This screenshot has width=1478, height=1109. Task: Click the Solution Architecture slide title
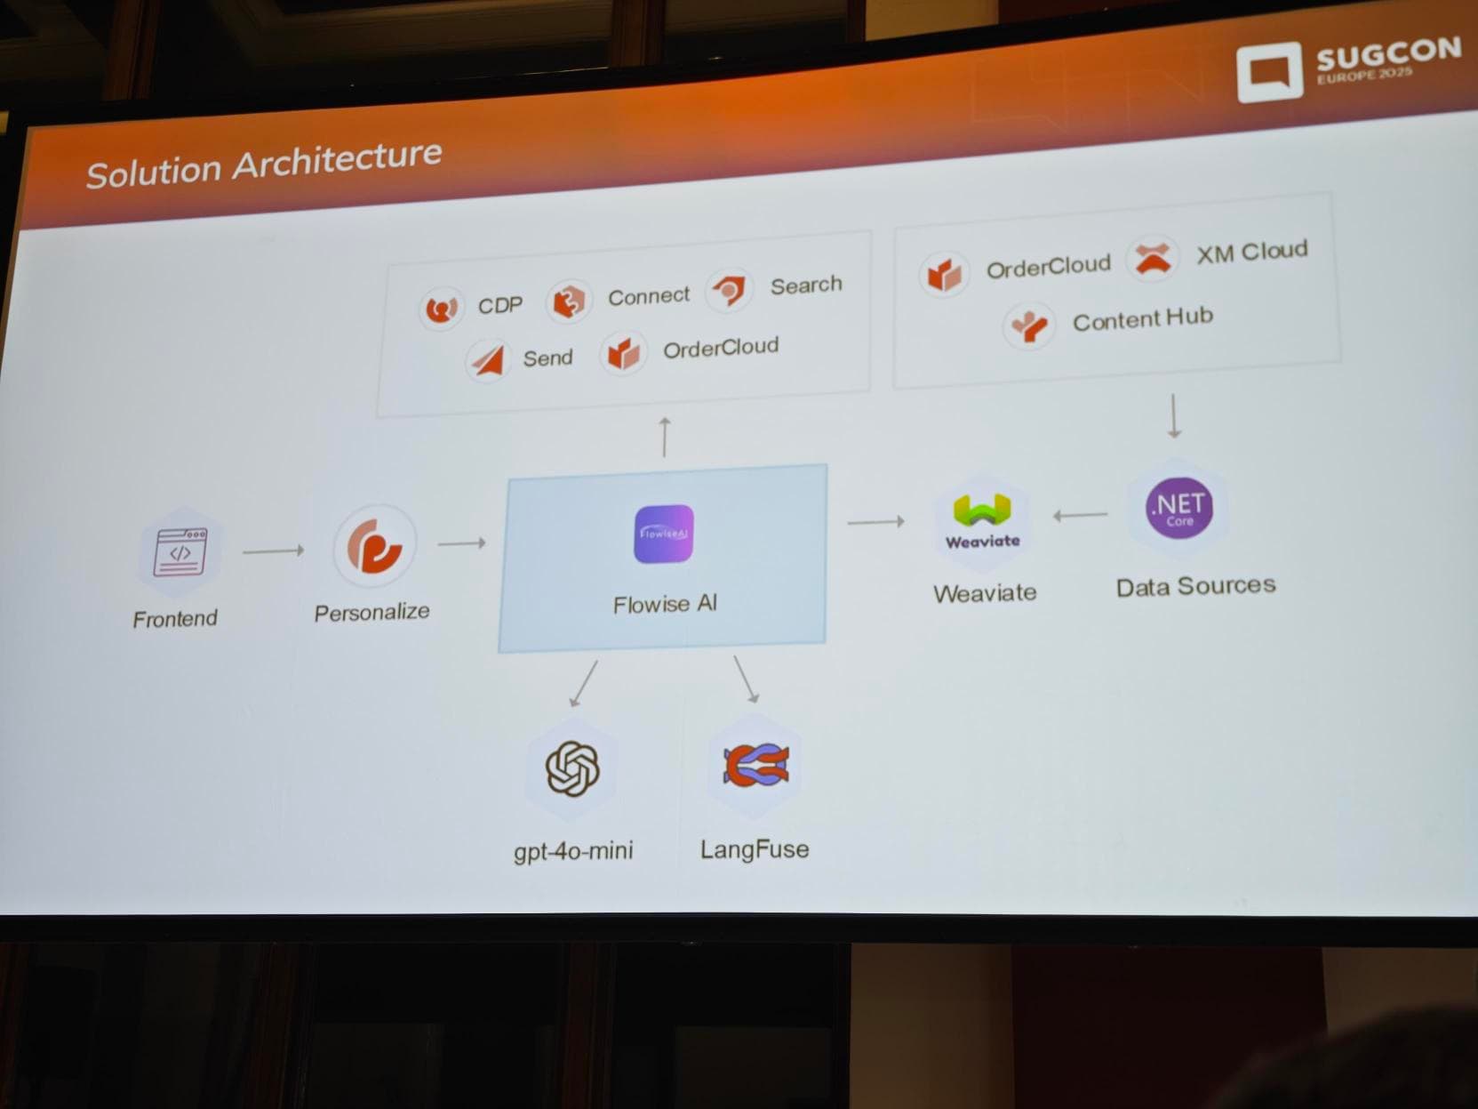coord(264,165)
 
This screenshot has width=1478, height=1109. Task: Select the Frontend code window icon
coord(180,552)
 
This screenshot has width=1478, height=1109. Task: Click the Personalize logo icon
coord(374,545)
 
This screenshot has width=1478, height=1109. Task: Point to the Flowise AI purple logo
coord(664,534)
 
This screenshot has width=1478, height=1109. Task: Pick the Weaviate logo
coord(982,521)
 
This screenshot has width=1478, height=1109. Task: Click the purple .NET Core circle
coord(1178,508)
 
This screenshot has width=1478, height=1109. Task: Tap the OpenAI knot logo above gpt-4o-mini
coord(572,767)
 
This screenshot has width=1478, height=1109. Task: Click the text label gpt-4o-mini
coord(573,851)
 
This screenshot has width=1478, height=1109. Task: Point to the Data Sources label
coord(1195,586)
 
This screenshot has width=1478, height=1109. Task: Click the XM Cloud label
coord(1251,253)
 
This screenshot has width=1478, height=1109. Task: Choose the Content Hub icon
coord(1029,325)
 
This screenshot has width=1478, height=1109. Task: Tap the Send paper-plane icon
coord(488,359)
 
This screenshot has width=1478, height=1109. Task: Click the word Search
coord(805,285)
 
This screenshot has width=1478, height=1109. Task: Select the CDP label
coord(499,306)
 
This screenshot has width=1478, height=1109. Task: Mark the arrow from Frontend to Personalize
coord(273,551)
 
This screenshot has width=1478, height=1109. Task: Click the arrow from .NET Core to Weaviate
coord(1080,515)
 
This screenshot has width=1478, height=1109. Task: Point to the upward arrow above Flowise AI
coord(664,437)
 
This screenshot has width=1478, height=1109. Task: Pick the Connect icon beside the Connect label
coord(568,301)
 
